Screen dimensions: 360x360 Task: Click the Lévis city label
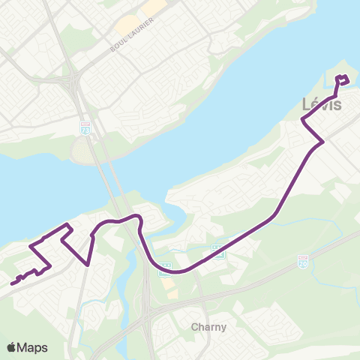pyautogui.click(x=321, y=105)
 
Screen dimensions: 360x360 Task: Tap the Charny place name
pyautogui.click(x=208, y=327)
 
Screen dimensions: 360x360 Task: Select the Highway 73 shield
pyautogui.click(x=86, y=129)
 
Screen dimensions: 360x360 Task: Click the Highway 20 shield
pyautogui.click(x=302, y=262)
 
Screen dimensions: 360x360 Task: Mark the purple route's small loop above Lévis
pyautogui.click(x=343, y=80)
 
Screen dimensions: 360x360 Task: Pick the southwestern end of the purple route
pyautogui.click(x=12, y=283)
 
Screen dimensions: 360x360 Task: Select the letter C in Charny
pyautogui.click(x=195, y=327)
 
